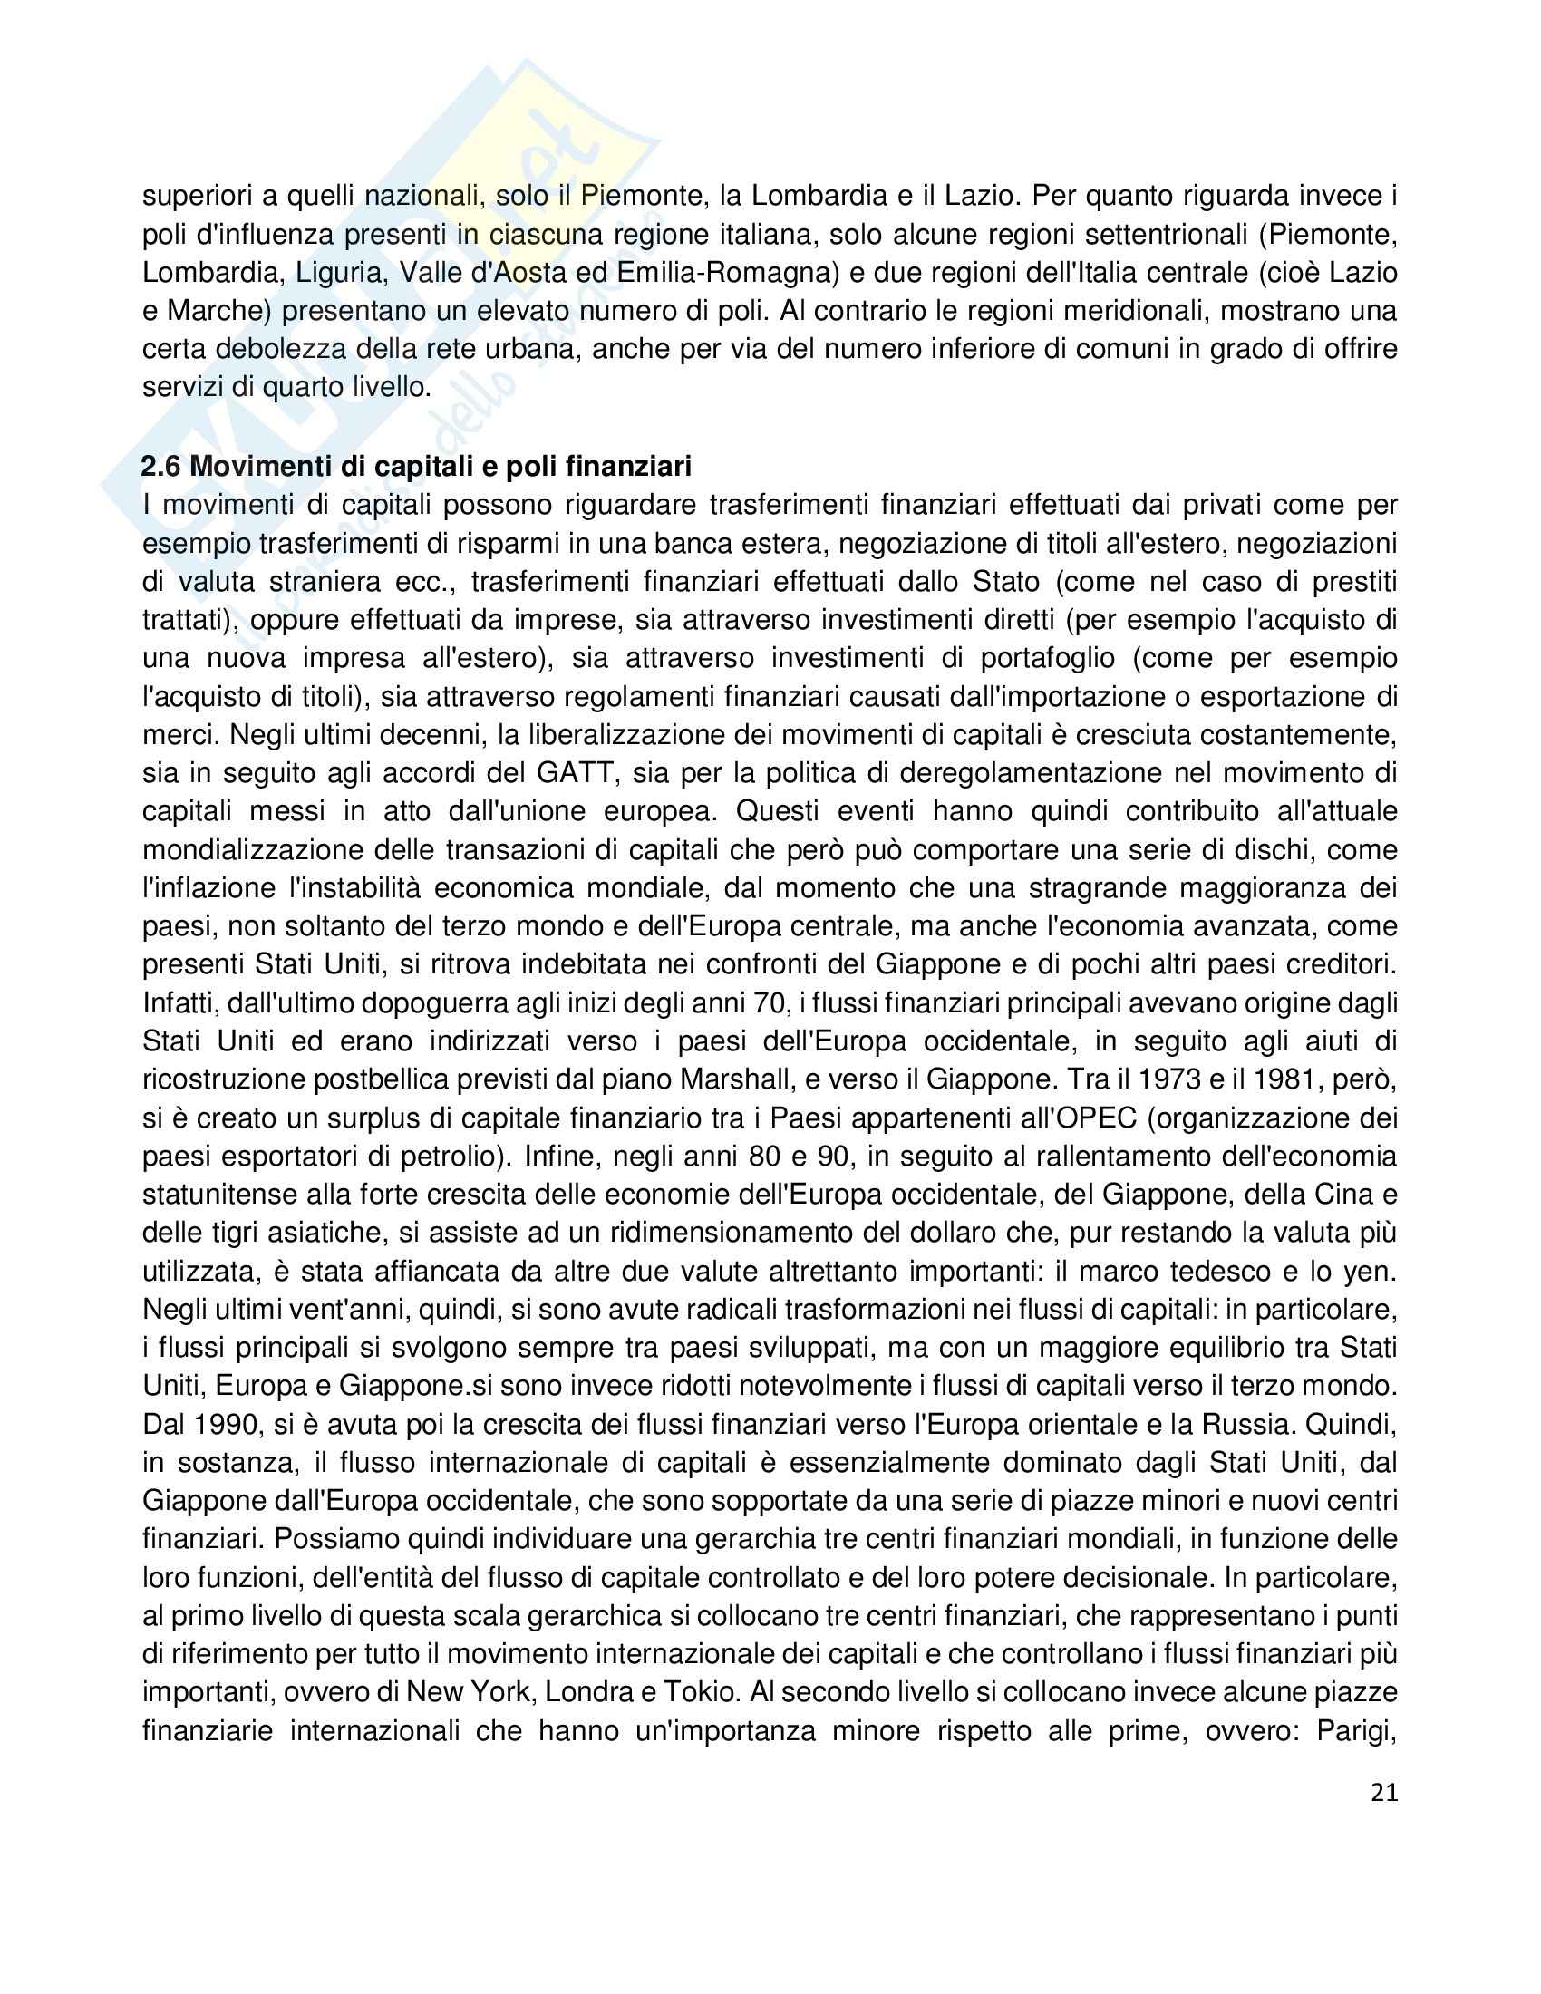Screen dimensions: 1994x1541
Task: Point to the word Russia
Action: click(1246, 1425)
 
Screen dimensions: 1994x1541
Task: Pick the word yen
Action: click(1374, 1272)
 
